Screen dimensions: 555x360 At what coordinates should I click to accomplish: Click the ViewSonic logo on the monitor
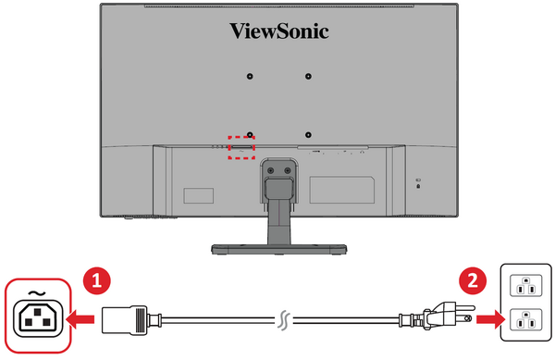(279, 31)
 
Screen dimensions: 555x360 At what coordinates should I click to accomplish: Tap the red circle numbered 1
(96, 281)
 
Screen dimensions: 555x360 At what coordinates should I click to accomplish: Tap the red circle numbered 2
(473, 281)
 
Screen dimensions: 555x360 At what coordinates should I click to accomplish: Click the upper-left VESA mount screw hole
(250, 76)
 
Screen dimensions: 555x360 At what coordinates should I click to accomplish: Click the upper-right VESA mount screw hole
(308, 76)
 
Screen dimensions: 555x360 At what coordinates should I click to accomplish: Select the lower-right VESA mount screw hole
(308, 135)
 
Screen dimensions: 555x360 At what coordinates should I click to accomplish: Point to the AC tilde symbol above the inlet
(36, 293)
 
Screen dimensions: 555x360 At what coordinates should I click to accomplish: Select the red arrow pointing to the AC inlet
(80, 319)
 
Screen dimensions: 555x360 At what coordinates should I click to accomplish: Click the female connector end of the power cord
(125, 320)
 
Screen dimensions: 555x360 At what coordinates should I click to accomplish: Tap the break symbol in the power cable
(284, 321)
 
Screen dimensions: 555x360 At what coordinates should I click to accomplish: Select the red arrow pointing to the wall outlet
(490, 319)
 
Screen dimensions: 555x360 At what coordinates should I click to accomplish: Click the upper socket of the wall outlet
(526, 285)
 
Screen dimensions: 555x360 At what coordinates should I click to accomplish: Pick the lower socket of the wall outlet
(526, 319)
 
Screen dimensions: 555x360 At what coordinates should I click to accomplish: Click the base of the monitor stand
(279, 249)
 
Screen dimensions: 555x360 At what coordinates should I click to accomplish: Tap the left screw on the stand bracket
(271, 170)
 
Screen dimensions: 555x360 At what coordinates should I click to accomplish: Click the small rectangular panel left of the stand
(199, 196)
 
